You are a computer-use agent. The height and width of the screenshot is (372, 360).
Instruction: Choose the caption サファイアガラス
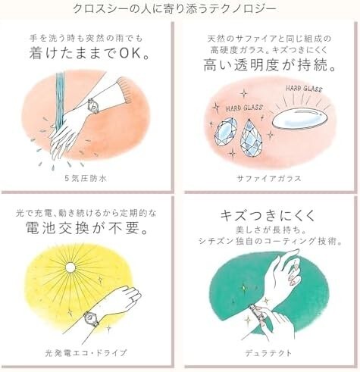[x=270, y=178]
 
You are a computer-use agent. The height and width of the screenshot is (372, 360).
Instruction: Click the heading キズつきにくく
[x=270, y=215]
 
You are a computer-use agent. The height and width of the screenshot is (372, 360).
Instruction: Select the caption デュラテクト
[x=270, y=352]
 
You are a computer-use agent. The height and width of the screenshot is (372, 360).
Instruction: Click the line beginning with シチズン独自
[x=270, y=242]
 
